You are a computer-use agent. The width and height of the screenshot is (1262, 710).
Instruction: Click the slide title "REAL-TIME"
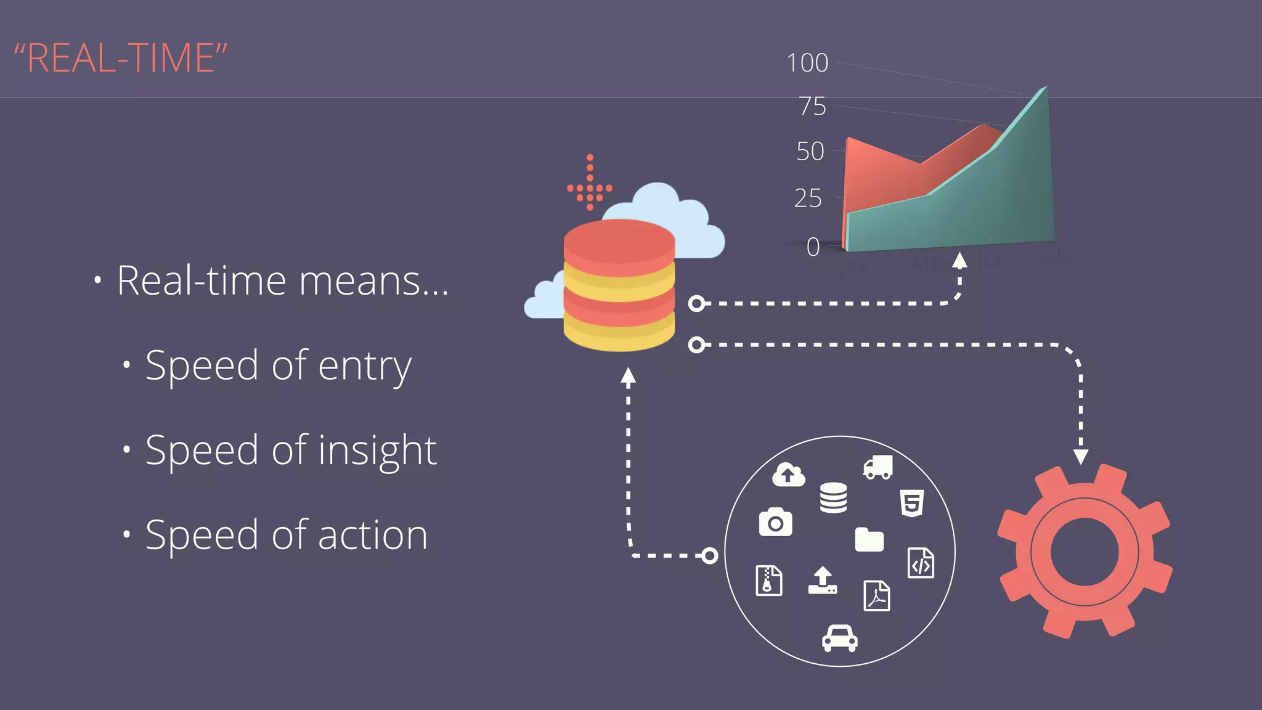[121, 59]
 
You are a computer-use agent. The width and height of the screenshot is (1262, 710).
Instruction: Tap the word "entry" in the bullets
[365, 366]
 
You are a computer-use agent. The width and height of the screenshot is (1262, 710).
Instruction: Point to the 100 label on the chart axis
[807, 63]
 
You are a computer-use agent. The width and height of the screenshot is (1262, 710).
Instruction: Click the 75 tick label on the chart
[813, 107]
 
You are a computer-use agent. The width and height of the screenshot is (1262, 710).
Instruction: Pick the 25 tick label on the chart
[808, 198]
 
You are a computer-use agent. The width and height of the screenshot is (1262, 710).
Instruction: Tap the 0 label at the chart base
[813, 247]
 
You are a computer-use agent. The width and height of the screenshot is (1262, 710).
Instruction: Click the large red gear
[1085, 552]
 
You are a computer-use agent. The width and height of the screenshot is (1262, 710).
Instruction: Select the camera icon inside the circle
[775, 523]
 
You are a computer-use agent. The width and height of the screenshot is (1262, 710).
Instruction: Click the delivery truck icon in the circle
[878, 468]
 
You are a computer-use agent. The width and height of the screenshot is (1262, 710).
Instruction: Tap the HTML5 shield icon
[912, 502]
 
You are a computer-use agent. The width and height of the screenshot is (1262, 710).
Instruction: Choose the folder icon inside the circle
[869, 539]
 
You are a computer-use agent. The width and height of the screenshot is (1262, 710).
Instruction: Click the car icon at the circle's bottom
[839, 638]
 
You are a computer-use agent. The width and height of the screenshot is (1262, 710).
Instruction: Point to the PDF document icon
[877, 595]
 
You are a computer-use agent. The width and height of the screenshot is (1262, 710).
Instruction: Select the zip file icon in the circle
[769, 580]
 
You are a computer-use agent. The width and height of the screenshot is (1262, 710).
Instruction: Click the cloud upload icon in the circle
[789, 475]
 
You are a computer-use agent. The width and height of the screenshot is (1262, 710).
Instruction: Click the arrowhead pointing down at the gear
[1081, 457]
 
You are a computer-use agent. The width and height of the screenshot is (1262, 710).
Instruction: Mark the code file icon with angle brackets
[921, 563]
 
